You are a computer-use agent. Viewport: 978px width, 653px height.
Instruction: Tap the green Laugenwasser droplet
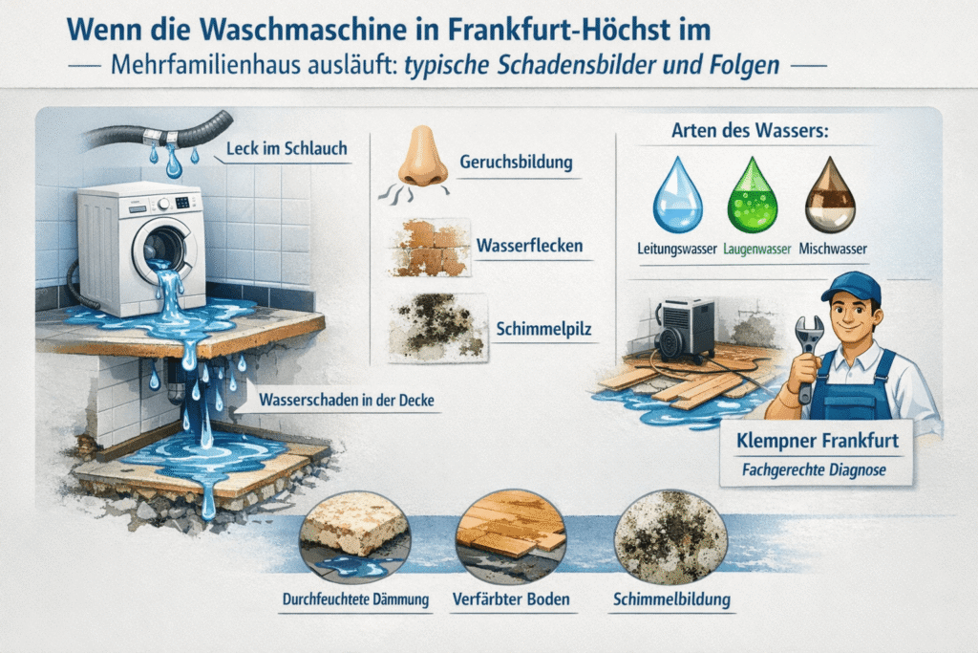753,195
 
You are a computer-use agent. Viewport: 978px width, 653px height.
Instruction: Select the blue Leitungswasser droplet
677,195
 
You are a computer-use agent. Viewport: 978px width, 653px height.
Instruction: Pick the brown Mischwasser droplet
830,195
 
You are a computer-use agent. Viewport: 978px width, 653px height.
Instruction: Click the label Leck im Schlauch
287,148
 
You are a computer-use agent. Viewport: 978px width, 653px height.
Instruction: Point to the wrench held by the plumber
807,356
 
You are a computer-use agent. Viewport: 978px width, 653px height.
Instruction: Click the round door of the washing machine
163,249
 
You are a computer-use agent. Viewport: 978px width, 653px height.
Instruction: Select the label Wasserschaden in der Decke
346,400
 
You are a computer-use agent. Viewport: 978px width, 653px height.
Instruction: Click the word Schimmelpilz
543,329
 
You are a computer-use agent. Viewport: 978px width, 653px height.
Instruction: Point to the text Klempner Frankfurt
818,440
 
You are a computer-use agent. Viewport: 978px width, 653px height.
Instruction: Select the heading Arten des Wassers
750,131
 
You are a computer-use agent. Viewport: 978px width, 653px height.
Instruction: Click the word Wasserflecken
529,246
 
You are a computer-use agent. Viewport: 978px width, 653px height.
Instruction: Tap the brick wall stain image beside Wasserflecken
429,248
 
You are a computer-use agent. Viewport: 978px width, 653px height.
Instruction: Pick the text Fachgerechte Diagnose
814,469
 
